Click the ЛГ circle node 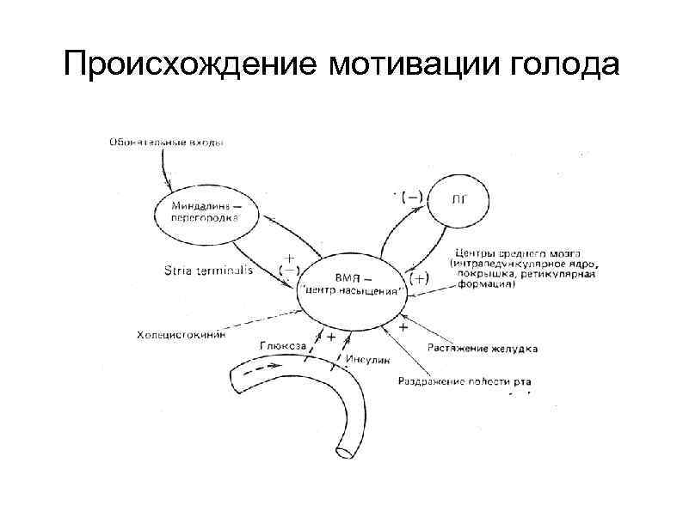tap(460, 203)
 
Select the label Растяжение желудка tap(483, 350)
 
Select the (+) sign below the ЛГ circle tap(420, 279)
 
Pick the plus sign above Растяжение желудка tap(404, 329)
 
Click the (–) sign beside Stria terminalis tap(289, 270)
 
